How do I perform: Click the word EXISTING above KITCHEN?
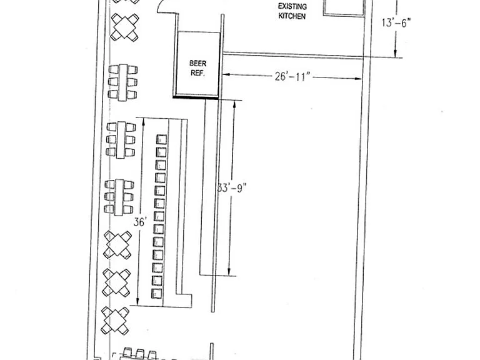point(292,6)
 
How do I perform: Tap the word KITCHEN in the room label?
point(292,16)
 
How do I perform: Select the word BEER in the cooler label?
point(197,63)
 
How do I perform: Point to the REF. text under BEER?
point(197,73)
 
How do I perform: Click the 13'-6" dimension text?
point(396,22)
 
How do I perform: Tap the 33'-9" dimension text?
point(232,187)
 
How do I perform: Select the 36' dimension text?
point(140,222)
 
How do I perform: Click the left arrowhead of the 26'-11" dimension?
point(226,74)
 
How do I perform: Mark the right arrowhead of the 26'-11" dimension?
point(358,79)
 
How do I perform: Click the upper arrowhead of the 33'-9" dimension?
point(235,104)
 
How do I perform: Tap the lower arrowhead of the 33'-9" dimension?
point(229,271)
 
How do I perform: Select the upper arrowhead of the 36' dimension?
point(143,121)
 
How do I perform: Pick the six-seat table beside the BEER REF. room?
point(122,82)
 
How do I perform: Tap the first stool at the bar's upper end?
point(161,139)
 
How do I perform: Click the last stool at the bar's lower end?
point(157,294)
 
